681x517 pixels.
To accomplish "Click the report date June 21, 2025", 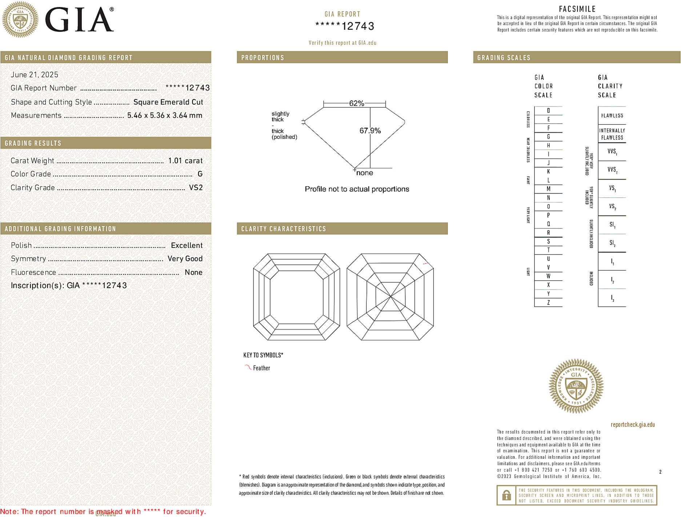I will [35, 75].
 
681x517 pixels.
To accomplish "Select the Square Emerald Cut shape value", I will [168, 102].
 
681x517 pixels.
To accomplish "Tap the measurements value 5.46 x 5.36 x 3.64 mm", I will [164, 116].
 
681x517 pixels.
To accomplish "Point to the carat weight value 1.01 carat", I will [185, 161].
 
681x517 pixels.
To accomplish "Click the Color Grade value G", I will [200, 174].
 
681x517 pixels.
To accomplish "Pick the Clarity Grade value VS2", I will [196, 188].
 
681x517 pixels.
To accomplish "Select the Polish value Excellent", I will [187, 245].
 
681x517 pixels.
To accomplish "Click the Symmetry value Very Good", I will [185, 259].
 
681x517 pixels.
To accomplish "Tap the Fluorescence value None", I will [193, 272].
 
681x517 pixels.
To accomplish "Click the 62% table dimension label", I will [356, 103].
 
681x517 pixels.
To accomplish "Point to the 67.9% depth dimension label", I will [370, 131].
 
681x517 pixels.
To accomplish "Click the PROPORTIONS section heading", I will [263, 58].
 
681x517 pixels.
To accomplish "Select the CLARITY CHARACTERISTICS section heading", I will [284, 229].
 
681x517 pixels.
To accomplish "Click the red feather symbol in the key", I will [248, 367].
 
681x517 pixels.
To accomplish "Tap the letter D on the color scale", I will [548, 111].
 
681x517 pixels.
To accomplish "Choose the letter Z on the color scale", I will [548, 302].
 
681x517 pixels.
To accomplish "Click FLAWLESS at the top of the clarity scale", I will [612, 116].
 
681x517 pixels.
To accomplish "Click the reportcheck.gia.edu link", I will [633, 425].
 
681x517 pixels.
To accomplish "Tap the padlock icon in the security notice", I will [506, 495].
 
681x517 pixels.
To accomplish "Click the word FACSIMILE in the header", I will [577, 9].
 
